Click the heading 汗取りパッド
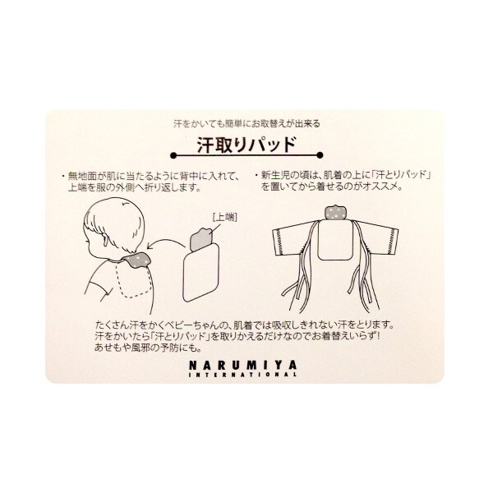click(246, 145)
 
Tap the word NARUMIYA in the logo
click(242, 365)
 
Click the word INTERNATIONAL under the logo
click(242, 375)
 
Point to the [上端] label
click(225, 217)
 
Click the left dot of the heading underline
click(173, 155)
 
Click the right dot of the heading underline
click(320, 155)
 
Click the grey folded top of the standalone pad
click(201, 239)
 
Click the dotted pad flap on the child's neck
click(137, 259)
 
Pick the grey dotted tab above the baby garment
click(335, 213)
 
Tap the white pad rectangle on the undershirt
click(334, 240)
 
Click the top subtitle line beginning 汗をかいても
click(246, 124)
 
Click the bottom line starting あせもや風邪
click(148, 348)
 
